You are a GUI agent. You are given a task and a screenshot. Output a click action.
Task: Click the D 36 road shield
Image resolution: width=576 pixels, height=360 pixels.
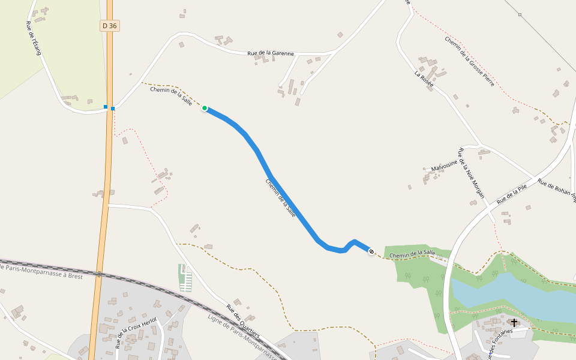tap(109, 26)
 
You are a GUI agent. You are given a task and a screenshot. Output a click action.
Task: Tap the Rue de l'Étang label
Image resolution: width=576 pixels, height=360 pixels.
tap(33, 38)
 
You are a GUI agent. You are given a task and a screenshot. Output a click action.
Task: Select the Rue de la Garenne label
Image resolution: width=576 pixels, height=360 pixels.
tap(271, 53)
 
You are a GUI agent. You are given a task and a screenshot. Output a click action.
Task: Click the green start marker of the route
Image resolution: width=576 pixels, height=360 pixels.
tap(205, 108)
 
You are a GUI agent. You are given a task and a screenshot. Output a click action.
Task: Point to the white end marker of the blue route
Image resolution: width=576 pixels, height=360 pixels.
tap(371, 251)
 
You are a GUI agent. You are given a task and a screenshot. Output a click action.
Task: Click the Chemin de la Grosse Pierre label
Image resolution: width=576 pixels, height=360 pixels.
tap(470, 61)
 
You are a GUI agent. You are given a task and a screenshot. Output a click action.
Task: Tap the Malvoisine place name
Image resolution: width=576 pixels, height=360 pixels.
tap(445, 164)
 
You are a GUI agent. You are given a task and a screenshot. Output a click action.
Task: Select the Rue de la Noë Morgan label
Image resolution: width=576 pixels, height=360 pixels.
tap(470, 173)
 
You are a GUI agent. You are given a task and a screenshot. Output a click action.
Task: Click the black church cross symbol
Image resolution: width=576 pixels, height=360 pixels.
tap(514, 323)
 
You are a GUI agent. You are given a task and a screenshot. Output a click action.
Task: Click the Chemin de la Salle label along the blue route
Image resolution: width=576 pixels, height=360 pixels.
tap(281, 198)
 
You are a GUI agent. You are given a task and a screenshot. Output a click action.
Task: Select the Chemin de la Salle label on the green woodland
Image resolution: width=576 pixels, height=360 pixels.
tap(412, 255)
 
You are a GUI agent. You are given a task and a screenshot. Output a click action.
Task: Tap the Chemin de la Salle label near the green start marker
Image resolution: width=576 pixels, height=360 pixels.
tap(171, 97)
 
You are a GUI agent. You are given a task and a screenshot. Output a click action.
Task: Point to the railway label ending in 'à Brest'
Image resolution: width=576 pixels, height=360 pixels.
tap(42, 271)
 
